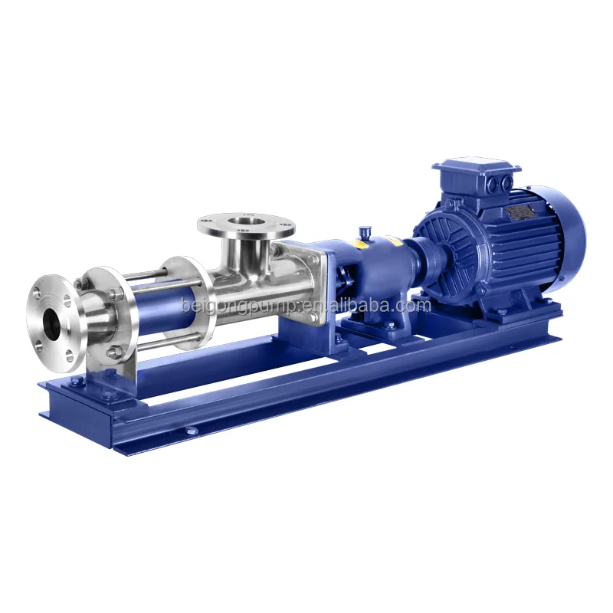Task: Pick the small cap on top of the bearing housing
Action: [363, 230]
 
